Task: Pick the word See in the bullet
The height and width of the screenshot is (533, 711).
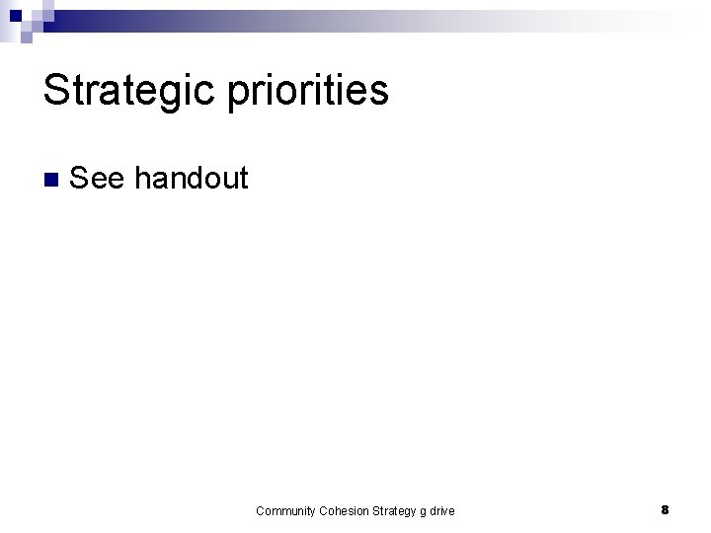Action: click(98, 178)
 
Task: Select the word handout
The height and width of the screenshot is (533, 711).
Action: click(191, 178)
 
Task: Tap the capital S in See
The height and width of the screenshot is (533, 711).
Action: click(80, 178)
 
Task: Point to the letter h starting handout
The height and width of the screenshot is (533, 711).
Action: click(142, 178)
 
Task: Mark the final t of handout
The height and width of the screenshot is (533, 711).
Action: click(243, 179)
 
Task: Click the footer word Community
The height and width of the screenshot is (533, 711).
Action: click(286, 510)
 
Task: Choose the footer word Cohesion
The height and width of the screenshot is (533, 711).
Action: click(346, 510)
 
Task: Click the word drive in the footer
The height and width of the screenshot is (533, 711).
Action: click(442, 510)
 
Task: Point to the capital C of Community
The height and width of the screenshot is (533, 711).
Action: click(260, 510)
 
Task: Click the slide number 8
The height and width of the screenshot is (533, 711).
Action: click(666, 509)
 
